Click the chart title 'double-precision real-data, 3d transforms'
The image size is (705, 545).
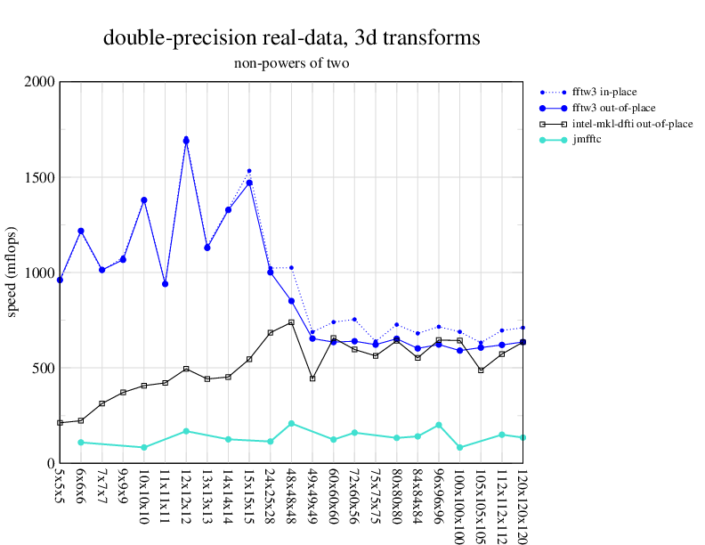[292, 38]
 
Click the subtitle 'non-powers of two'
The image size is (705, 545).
[292, 63]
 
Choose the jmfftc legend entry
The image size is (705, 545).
[587, 140]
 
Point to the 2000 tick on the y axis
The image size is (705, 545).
[41, 82]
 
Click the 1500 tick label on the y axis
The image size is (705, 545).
[41, 177]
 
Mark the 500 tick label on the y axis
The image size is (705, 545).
[45, 368]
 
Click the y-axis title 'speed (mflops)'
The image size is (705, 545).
[12, 272]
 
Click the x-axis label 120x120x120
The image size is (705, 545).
[523, 503]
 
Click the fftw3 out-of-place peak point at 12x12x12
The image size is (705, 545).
[186, 141]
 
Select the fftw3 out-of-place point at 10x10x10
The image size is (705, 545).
[144, 200]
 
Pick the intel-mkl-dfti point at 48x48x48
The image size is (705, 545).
[291, 322]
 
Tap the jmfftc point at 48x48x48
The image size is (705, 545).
[291, 423]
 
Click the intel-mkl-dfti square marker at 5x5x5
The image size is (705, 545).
[60, 422]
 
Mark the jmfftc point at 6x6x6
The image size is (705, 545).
[81, 442]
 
